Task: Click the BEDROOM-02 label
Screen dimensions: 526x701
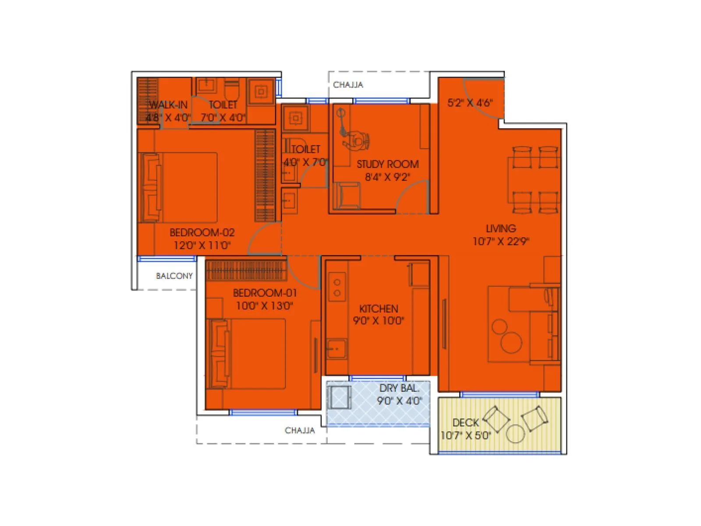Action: pos(202,232)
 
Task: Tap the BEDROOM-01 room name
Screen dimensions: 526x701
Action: pos(265,293)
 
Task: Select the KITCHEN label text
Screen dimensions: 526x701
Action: pos(379,309)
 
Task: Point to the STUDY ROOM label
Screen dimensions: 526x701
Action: pos(387,164)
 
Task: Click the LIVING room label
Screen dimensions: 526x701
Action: pos(501,228)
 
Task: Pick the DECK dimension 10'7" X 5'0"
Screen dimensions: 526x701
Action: pos(465,435)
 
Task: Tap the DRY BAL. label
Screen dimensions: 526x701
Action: pos(399,388)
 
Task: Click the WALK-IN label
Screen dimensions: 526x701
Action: pos(168,105)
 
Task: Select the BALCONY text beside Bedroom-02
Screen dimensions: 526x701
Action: pos(174,276)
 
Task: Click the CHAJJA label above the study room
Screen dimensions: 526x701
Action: pos(348,85)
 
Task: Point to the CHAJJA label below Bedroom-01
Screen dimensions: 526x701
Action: pos(300,430)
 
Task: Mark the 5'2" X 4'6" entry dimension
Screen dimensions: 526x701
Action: pos(470,103)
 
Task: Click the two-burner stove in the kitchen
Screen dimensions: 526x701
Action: pos(337,288)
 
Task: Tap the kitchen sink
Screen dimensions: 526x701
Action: pos(336,349)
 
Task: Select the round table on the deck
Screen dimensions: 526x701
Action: pos(515,434)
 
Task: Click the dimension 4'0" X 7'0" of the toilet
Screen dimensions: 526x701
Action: pos(305,162)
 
